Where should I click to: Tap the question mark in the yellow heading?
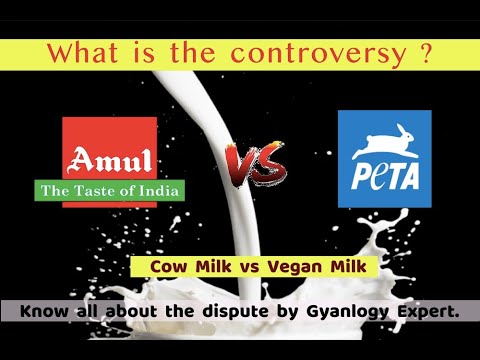click(x=427, y=53)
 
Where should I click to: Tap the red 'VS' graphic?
click(x=252, y=160)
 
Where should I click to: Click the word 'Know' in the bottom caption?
click(x=43, y=312)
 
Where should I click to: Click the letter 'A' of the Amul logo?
click(x=79, y=160)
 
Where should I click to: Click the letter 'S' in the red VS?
click(x=266, y=162)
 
